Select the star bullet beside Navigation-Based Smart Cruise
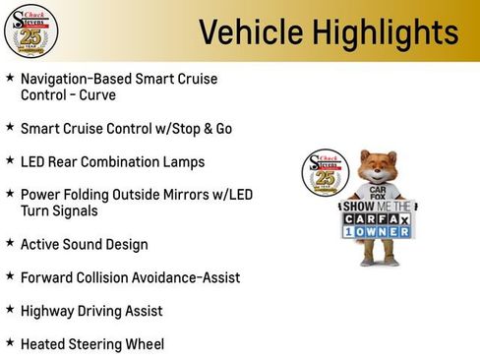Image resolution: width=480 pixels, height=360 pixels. pyautogui.click(x=10, y=78)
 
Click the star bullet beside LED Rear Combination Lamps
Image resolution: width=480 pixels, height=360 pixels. pyautogui.click(x=10, y=159)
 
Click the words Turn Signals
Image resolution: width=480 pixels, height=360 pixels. pyautogui.click(x=63, y=211)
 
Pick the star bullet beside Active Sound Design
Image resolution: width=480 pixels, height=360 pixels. pyautogui.click(x=10, y=243)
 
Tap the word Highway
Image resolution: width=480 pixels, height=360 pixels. pyautogui.click(x=49, y=311)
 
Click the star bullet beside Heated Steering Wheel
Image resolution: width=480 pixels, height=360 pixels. pyautogui.click(x=10, y=343)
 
